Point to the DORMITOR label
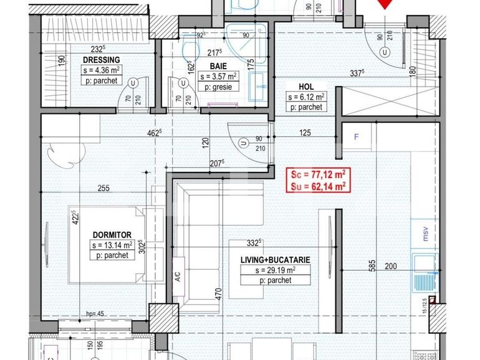coord(112,234)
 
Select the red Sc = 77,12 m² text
coord(315,176)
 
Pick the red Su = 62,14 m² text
coord(315,186)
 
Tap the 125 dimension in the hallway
coord(305,133)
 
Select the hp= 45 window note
coord(94,314)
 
